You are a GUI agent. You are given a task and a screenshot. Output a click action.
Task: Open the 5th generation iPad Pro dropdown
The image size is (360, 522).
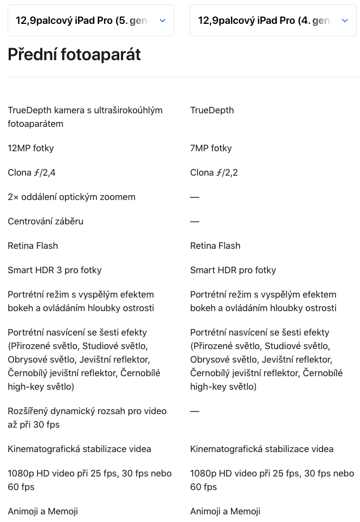coord(91,21)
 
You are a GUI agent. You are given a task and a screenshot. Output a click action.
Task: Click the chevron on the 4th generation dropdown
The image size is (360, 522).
coord(345,21)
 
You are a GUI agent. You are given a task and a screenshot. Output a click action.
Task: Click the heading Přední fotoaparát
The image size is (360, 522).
coord(74,55)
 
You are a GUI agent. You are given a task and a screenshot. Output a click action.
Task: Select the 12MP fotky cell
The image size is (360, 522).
coord(31,148)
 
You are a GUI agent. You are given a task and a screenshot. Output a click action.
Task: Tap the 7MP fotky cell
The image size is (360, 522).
coord(211,148)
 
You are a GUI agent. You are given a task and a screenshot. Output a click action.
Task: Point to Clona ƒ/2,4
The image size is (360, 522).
coord(31,172)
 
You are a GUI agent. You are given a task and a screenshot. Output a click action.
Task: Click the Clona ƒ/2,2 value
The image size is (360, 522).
coord(214,172)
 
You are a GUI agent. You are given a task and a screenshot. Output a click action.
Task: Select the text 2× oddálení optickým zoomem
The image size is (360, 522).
coord(72,197)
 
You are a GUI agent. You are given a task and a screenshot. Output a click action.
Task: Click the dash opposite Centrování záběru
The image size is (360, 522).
coord(195,221)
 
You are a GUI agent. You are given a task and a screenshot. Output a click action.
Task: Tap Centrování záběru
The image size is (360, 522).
coord(46,221)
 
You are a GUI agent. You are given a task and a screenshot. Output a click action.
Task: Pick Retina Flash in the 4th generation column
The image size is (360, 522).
coord(215,246)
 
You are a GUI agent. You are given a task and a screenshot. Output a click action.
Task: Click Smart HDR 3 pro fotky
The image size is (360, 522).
coord(55,270)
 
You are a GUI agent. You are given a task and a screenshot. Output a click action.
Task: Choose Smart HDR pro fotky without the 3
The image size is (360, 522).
coord(233,270)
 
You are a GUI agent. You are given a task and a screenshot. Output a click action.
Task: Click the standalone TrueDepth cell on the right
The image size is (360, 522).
coord(212,110)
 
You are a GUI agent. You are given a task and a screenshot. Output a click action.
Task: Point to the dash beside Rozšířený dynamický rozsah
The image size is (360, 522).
coord(195,411)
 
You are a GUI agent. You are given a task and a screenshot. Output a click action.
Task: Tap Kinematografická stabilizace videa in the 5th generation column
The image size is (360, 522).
coord(79,449)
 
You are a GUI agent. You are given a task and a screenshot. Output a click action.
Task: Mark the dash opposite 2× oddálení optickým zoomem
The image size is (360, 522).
coord(195,197)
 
